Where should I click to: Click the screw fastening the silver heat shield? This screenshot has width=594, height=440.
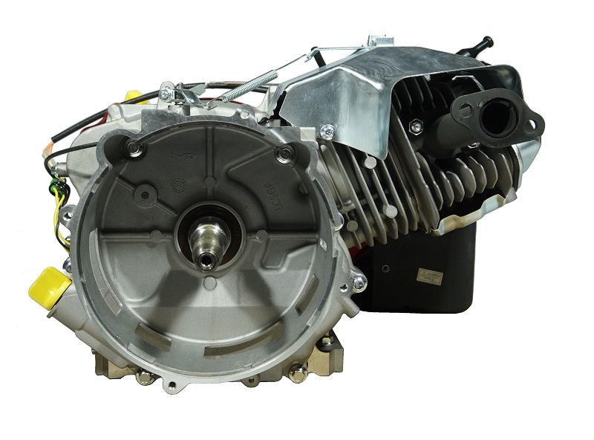[x=324, y=133]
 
